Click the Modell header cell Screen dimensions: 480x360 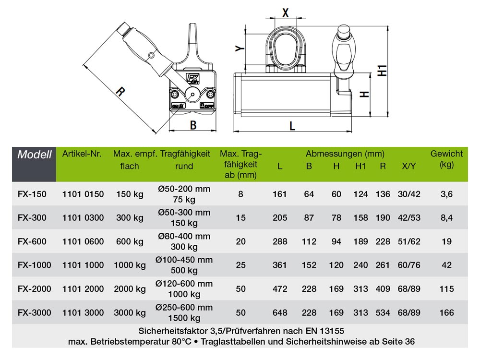(34, 155)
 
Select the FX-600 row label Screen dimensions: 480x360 (32, 241)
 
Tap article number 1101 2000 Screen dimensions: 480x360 (83, 288)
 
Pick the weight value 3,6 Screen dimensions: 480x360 (446, 194)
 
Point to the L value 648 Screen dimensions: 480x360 (280, 312)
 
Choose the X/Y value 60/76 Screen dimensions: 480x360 (409, 265)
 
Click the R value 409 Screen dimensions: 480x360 (383, 288)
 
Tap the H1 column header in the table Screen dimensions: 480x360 (360, 166)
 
